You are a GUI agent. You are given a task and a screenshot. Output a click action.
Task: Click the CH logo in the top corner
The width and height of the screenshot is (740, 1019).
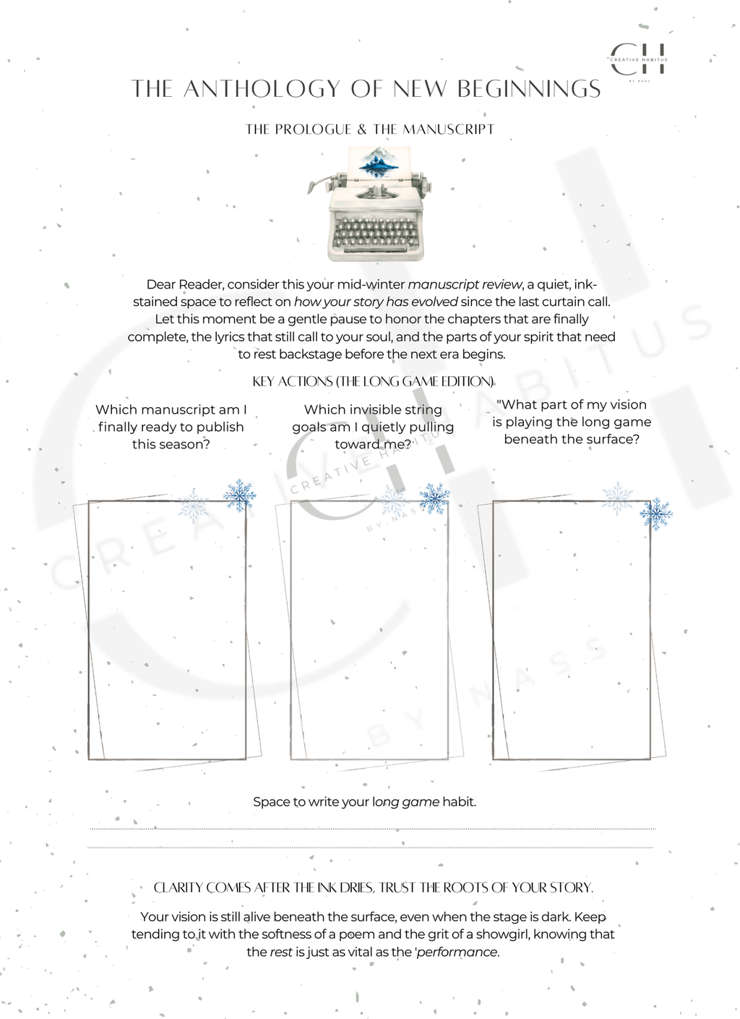coord(638,59)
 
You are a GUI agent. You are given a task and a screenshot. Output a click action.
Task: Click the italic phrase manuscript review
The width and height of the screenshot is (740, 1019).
coord(465,284)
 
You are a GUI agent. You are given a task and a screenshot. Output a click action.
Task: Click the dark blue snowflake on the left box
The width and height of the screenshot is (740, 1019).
coord(238,495)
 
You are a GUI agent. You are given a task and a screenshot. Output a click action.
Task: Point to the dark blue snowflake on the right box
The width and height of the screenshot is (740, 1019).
coord(655,513)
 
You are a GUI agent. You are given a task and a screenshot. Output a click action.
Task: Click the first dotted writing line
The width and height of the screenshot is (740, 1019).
coord(372,829)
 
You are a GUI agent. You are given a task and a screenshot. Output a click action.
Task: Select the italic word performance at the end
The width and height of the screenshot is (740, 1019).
coord(457,952)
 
